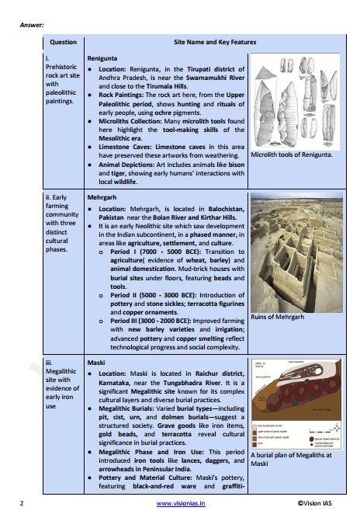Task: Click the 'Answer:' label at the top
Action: tap(31, 25)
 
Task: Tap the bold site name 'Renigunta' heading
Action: tap(102, 58)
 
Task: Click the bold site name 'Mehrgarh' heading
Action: tap(102, 198)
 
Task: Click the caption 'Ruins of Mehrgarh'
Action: tap(278, 317)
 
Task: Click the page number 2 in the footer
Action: tap(22, 503)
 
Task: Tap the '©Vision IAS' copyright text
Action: tap(319, 503)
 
